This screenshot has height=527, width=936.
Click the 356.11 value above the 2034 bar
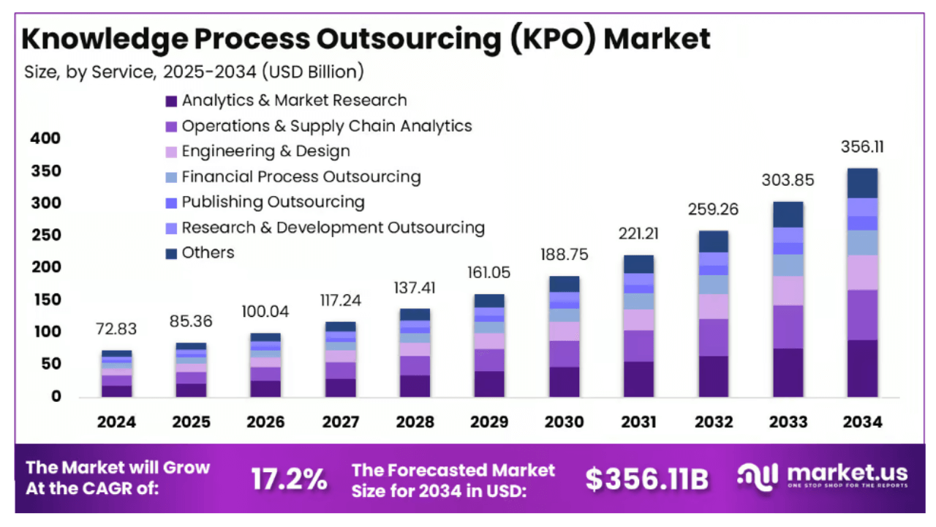pyautogui.click(x=863, y=146)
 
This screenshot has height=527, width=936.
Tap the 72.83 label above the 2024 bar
pyautogui.click(x=116, y=329)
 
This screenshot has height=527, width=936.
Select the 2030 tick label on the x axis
pyautogui.click(x=565, y=422)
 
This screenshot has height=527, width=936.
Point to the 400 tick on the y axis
pyautogui.click(x=45, y=138)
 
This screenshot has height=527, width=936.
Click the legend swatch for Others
pyautogui.click(x=171, y=253)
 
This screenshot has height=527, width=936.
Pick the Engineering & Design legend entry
pyautogui.click(x=265, y=151)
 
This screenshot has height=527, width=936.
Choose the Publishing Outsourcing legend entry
pyautogui.click(x=273, y=202)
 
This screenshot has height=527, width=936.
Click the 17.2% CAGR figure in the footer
pyautogui.click(x=289, y=479)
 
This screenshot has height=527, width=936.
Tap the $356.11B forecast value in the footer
pyautogui.click(x=646, y=479)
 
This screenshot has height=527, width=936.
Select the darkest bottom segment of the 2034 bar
pyautogui.click(x=863, y=368)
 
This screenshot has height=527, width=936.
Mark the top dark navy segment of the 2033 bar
pyautogui.click(x=788, y=214)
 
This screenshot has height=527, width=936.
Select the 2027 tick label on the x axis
pyautogui.click(x=341, y=422)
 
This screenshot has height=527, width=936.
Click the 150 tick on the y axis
pyautogui.click(x=45, y=300)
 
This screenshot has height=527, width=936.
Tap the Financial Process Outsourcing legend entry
pyautogui.click(x=301, y=176)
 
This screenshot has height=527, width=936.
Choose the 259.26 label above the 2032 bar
pyautogui.click(x=714, y=209)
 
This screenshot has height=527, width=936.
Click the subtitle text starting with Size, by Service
pyautogui.click(x=194, y=72)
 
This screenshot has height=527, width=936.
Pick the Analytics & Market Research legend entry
pyautogui.click(x=294, y=100)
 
